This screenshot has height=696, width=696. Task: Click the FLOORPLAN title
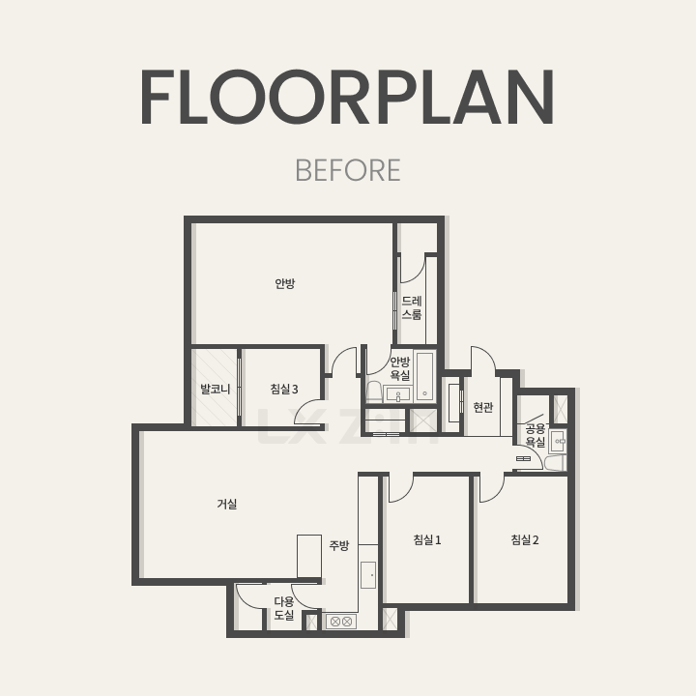pos(348,97)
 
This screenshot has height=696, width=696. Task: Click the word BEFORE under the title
pos(348,170)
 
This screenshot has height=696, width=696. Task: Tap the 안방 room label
pos(284,283)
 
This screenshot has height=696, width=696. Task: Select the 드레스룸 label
pos(412,307)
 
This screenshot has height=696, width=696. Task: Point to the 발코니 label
pos(216,390)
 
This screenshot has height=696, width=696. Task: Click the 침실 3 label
pos(284,390)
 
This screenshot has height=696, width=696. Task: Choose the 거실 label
pos(227,504)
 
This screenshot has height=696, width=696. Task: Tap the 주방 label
pos(339,545)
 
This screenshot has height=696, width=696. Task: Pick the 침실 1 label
pos(427,539)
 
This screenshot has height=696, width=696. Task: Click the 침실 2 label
pos(525,539)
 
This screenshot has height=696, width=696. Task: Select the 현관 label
pos(483,407)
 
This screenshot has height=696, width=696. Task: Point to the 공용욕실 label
pos(536,435)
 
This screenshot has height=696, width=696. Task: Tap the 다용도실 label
pos(284,608)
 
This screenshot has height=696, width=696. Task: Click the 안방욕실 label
pos(400,368)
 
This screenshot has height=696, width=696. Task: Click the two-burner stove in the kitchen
pos(341,622)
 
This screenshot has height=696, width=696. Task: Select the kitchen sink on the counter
pos(368,575)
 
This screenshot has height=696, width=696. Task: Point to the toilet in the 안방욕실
pos(374,391)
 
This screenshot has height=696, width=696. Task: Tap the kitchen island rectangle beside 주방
pos(309,556)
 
